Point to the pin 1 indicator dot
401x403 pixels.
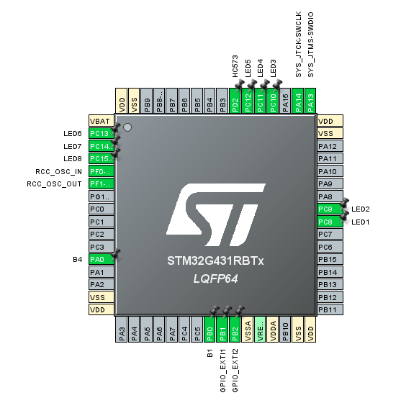[127, 127]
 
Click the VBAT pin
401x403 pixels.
[99, 121]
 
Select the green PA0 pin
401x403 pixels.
[99, 259]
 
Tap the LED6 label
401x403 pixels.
[73, 134]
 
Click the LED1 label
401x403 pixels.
[361, 222]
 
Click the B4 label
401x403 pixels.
[78, 259]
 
